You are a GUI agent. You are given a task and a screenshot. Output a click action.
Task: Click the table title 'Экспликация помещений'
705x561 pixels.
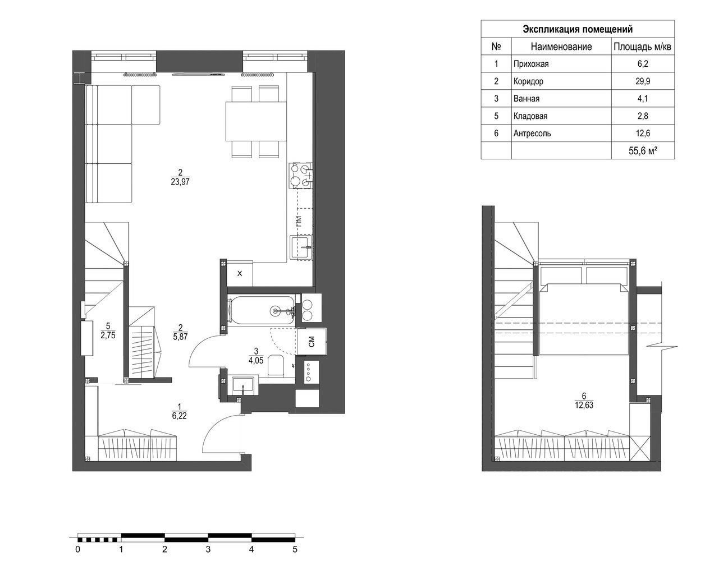click(x=577, y=30)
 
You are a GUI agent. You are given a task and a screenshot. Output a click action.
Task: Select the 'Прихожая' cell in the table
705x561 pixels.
click(x=531, y=64)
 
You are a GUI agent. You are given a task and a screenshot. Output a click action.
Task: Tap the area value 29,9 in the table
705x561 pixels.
click(x=643, y=81)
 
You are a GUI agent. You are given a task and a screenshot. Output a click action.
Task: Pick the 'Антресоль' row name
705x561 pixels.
click(x=532, y=134)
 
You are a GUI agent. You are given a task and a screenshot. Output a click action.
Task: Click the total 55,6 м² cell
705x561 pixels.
click(x=643, y=151)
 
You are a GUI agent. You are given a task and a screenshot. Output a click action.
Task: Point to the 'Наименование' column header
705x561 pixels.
click(x=561, y=47)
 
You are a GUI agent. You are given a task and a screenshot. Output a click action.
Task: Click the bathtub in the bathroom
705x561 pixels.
click(x=262, y=311)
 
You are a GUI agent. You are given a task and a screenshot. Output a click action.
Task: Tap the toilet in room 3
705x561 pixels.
click(x=276, y=365)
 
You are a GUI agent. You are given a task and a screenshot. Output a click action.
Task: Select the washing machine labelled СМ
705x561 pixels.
click(x=312, y=341)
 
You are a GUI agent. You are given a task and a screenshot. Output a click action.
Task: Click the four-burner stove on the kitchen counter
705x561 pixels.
click(x=300, y=176)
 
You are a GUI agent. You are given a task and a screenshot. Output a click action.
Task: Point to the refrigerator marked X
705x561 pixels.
click(x=240, y=273)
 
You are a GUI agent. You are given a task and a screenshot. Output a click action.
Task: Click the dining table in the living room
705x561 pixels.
click(x=256, y=121)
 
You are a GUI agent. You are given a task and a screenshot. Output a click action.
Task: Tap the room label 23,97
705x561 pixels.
click(x=180, y=182)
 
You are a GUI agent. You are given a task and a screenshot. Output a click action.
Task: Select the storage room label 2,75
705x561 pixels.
click(x=108, y=335)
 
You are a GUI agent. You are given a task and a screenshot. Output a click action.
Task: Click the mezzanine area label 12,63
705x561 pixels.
click(x=584, y=405)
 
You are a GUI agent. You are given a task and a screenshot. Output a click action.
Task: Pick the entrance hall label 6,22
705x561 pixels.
click(x=179, y=416)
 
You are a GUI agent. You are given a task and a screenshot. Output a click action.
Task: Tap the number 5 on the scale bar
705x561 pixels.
click(x=295, y=549)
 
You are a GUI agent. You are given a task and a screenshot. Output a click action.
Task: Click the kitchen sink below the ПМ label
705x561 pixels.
click(x=301, y=247)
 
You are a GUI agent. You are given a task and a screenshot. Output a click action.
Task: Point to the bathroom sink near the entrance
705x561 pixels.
click(x=245, y=385)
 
